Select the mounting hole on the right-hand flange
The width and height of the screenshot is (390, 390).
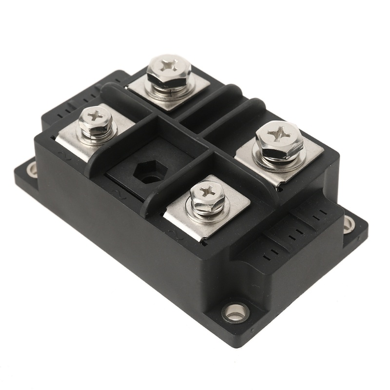point(350,225)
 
